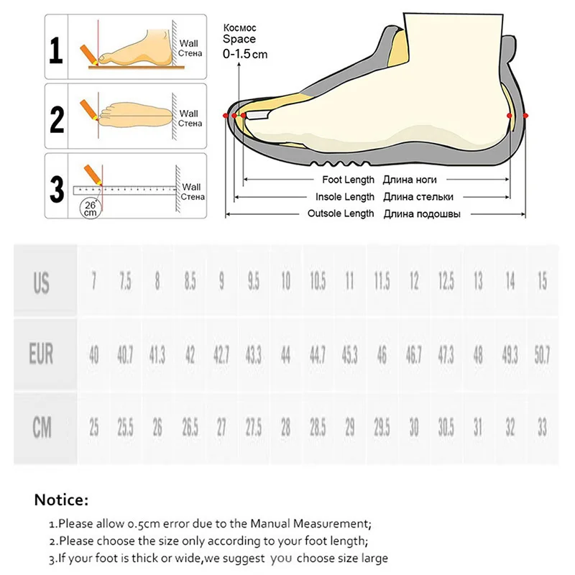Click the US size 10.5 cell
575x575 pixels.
318,282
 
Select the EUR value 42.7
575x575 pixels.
221,355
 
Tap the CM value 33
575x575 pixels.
542,428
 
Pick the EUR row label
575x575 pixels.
42,355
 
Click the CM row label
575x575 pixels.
42,428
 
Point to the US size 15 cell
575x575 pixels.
542,282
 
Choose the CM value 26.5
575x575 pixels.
190,428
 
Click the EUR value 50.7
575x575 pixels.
542,355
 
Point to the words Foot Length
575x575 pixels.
347,180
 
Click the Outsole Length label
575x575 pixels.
341,213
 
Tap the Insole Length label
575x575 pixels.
345,197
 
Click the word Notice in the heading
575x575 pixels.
61,500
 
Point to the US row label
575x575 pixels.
42,282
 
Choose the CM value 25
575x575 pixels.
93,428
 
